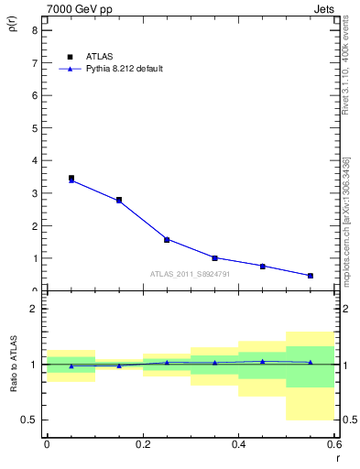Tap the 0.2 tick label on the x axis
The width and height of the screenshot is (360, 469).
click(x=142, y=444)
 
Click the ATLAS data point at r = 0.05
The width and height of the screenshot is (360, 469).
click(x=71, y=179)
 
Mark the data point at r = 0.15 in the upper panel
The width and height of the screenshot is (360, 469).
click(x=119, y=200)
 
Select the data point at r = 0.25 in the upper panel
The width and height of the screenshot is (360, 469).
click(x=167, y=240)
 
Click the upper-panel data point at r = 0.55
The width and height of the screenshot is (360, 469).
click(x=311, y=276)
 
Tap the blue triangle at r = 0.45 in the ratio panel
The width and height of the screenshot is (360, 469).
click(x=263, y=361)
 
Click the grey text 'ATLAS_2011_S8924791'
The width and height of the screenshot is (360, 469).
click(x=190, y=273)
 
